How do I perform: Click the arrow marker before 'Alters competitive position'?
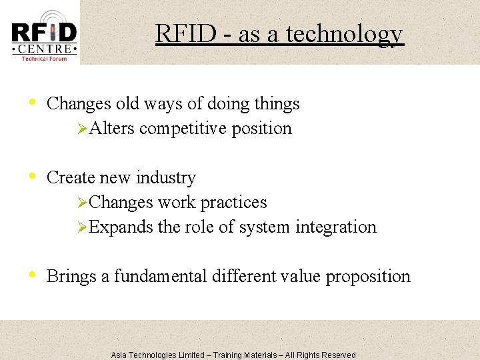click(83, 128)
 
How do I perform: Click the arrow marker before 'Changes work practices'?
click(83, 202)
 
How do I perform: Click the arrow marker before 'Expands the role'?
click(83, 227)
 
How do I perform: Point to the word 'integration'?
click(336, 227)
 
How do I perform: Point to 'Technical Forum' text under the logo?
click(44, 59)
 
